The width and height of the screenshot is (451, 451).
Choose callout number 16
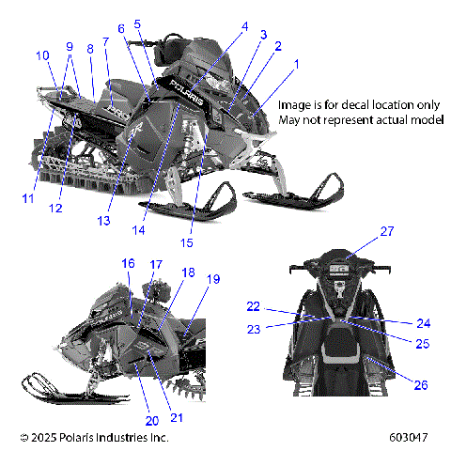click(128, 264)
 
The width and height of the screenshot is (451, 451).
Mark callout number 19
click(213, 279)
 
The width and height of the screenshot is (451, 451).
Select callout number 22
click(253, 306)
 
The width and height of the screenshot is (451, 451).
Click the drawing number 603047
click(409, 438)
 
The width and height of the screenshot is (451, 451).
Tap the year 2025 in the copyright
click(45, 438)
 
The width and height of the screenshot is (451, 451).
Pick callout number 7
click(106, 41)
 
